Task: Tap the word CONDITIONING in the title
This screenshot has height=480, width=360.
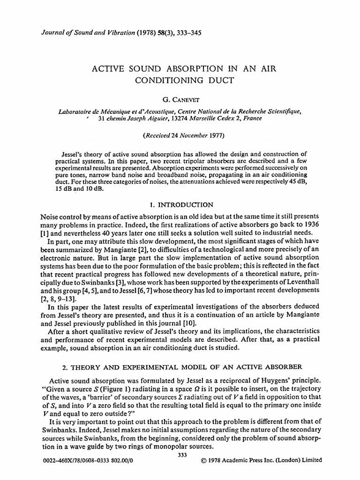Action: pyautogui.click(x=164, y=80)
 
